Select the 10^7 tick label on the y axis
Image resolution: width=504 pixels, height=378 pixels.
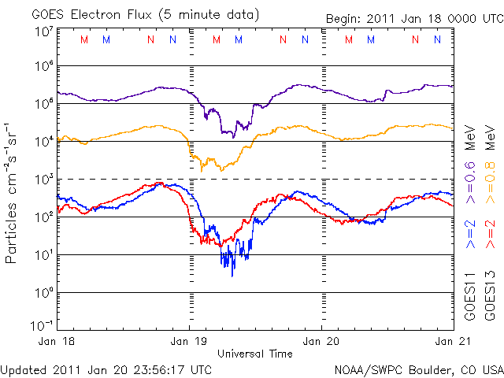tap(44, 31)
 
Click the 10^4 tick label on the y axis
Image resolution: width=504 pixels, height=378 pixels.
tap(44, 140)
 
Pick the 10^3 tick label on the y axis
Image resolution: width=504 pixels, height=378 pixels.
tap(44, 178)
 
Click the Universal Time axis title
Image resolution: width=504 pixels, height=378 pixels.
tap(255, 354)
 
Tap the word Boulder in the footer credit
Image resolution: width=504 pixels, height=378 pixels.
tap(417, 369)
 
